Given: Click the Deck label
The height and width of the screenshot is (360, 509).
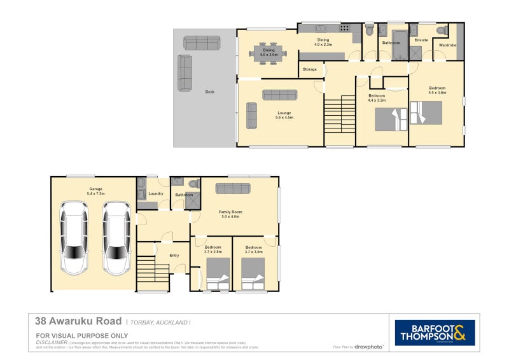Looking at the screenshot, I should [209, 92].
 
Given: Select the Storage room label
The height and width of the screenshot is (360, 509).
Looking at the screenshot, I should [310, 69].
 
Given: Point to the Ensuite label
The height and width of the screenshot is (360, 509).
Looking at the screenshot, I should [421, 40].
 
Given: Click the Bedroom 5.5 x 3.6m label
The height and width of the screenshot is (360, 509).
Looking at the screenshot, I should [437, 90].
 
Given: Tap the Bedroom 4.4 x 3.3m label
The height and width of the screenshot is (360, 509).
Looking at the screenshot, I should [377, 98].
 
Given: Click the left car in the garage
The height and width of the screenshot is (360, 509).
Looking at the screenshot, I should [74, 238].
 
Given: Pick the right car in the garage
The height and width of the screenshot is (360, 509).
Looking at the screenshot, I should [116, 238].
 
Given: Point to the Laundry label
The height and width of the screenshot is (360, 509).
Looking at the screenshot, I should [156, 193].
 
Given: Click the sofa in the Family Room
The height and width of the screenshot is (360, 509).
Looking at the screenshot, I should [234, 188].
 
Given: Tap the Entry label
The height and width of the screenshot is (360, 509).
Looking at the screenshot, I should [174, 255].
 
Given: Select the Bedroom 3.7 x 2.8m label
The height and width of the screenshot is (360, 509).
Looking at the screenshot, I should [213, 249].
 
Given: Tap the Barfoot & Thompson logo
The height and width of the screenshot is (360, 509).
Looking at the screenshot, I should [435, 333].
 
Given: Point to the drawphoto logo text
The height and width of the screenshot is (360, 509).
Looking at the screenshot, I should [369, 347].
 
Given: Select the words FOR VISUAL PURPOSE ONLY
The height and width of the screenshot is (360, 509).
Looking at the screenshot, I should [82, 335].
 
